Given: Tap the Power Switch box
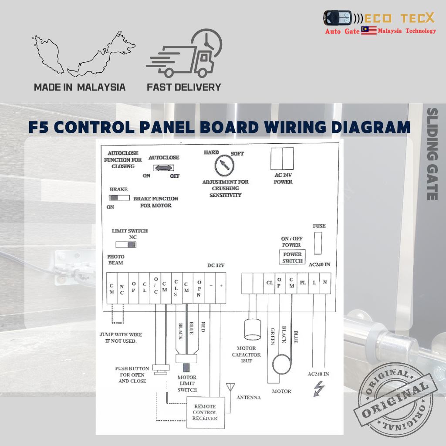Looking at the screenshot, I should (292, 257).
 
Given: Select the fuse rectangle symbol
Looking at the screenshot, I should (318, 243).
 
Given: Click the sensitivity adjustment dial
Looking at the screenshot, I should (224, 166).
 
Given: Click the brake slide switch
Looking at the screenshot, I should (119, 198).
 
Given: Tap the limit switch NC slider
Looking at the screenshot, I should (125, 245).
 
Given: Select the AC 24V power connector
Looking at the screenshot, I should (282, 159).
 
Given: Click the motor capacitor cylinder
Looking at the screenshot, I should (252, 330).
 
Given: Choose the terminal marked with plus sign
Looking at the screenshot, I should (221, 287).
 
